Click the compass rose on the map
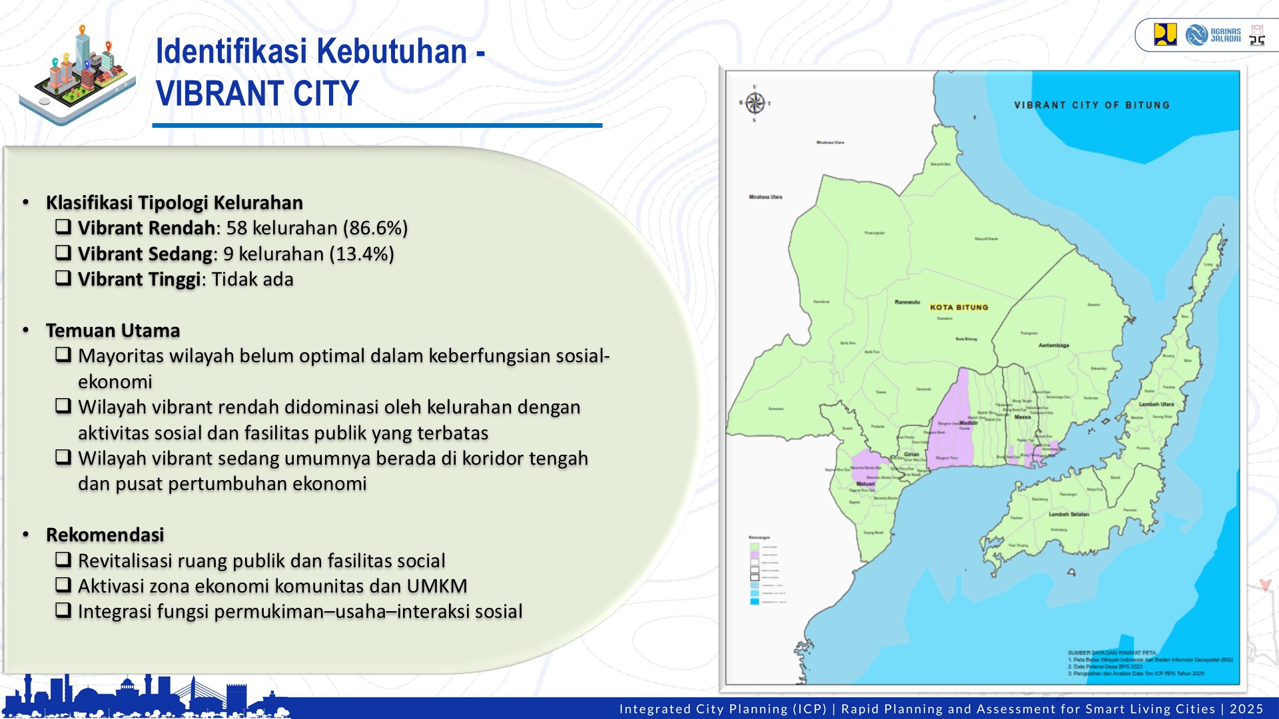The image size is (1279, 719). click(755, 103)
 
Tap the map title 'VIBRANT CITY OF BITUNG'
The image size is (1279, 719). click(1091, 105)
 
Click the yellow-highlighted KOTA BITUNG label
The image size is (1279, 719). click(959, 307)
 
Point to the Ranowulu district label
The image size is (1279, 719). click(907, 302)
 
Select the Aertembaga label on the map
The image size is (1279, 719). click(1053, 346)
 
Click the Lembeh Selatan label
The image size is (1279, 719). click(1068, 514)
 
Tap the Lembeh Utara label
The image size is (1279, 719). click(1156, 404)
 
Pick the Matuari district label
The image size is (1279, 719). click(865, 484)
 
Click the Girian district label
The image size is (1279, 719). click(911, 454)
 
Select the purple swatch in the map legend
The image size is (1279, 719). click(754, 555)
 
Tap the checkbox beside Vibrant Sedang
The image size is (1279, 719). click(63, 253)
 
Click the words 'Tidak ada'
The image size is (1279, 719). click(252, 280)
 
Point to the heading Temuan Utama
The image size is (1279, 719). click(113, 330)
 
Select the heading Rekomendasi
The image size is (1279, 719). click(105, 535)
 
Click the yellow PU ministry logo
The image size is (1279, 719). click(1164, 35)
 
